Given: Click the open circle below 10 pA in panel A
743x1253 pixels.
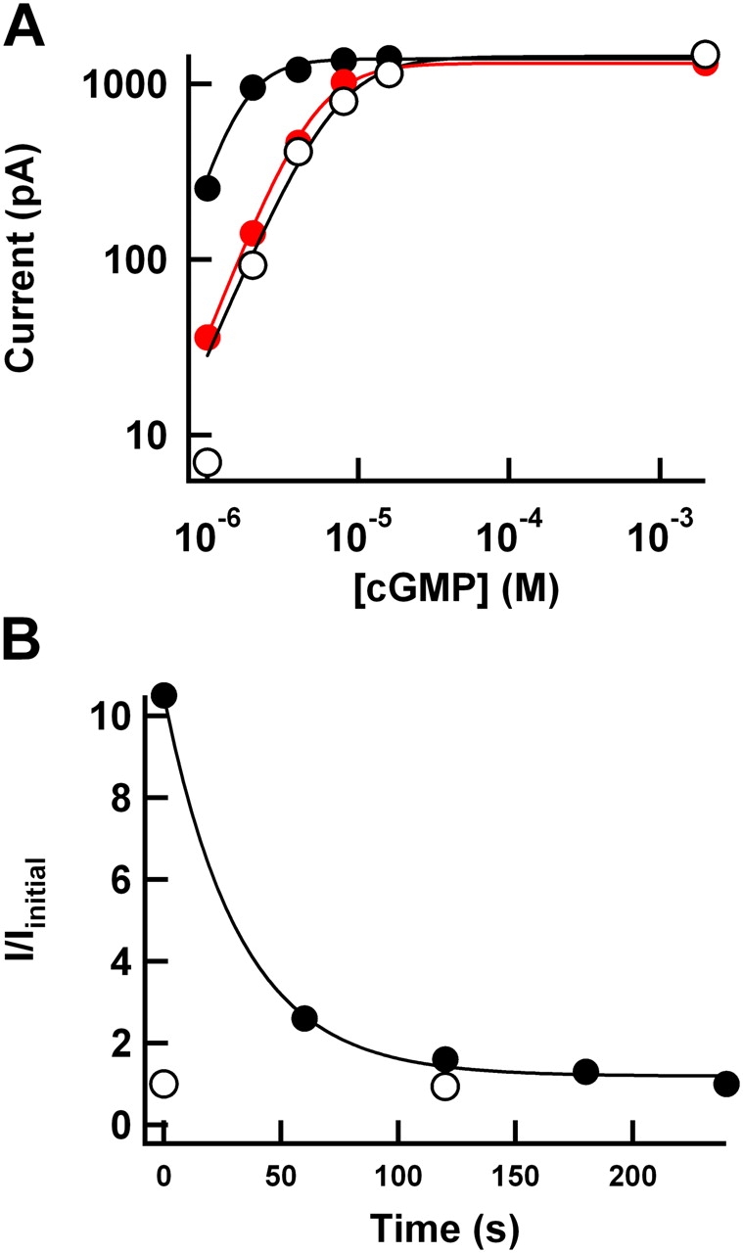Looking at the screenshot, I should coord(207,461).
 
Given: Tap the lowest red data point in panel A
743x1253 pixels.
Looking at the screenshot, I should coord(208,338).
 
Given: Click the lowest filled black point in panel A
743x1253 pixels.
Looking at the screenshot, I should coord(208,187).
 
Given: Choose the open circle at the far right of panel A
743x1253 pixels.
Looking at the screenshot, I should coord(705,54).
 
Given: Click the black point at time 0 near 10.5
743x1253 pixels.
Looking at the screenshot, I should coord(163,695).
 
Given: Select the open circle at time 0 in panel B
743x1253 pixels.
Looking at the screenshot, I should coord(163,1084).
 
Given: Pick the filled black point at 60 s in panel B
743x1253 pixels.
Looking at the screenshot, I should coord(304,1018).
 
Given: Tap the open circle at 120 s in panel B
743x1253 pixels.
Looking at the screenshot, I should coord(445,1087).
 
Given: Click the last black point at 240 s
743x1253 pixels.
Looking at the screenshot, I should coord(726,1084).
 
